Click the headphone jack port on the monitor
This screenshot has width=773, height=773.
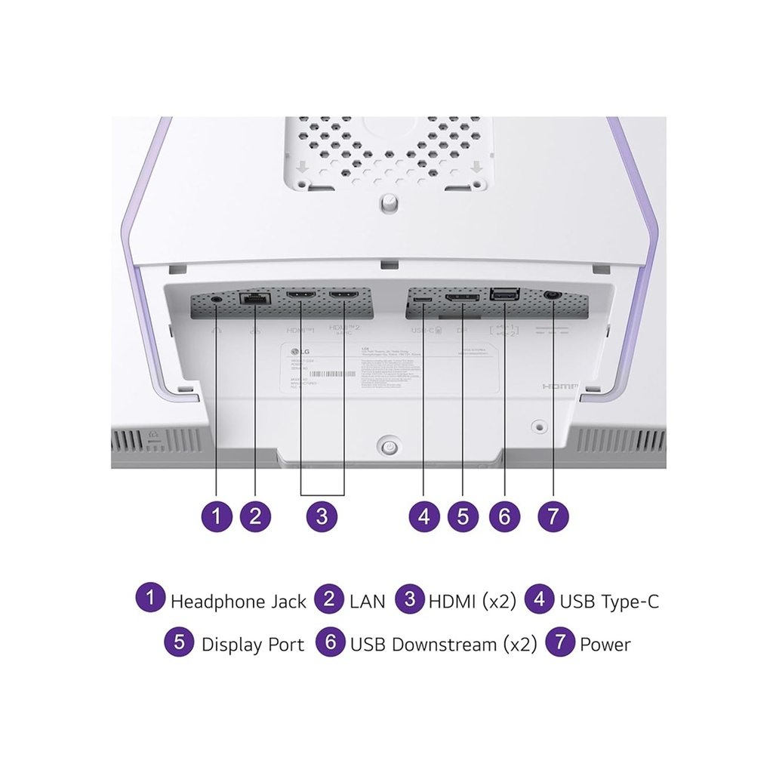click(217, 298)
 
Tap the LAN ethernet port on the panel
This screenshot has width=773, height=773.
click(254, 298)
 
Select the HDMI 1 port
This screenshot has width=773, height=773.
click(302, 296)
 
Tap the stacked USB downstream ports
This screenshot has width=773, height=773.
click(504, 296)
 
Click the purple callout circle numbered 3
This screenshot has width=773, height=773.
click(322, 516)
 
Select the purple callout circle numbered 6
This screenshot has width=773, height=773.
click(504, 516)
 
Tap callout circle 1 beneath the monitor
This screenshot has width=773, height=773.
click(217, 516)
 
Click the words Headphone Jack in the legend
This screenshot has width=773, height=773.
click(239, 602)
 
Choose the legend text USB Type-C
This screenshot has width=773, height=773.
click(609, 602)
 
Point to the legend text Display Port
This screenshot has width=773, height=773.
click(253, 645)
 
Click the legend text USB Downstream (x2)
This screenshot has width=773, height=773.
click(443, 645)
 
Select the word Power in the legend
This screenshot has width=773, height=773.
click(605, 645)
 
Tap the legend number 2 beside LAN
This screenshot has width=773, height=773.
click(329, 599)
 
